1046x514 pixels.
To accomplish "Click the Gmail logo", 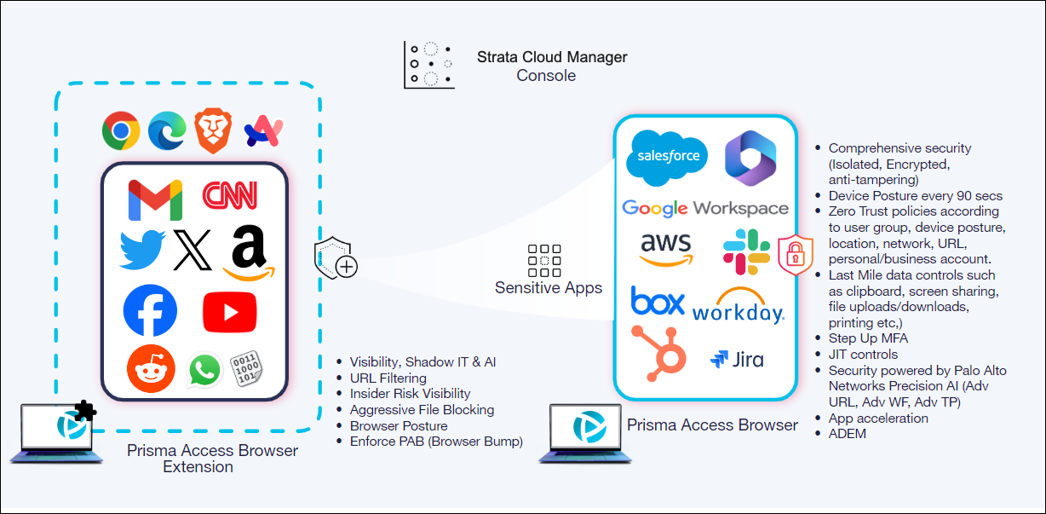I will click(155, 199).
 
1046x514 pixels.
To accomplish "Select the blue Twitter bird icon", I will click(142, 249).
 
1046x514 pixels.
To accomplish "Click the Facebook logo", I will click(150, 310).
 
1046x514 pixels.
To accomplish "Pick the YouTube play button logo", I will click(229, 312).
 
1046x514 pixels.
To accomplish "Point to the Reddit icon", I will click(151, 370).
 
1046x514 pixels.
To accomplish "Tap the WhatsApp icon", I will click(204, 371).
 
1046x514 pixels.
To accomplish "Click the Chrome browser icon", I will click(121, 131).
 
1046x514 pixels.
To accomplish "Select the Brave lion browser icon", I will click(213, 130).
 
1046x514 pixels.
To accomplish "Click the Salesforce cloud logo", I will click(667, 158).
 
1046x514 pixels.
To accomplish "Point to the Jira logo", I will click(737, 359).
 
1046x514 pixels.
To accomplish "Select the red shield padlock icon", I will click(796, 253).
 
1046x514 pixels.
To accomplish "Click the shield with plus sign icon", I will click(336, 261).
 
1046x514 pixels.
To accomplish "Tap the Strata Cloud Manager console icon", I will click(430, 65).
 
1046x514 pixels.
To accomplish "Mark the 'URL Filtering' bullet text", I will click(388, 378).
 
